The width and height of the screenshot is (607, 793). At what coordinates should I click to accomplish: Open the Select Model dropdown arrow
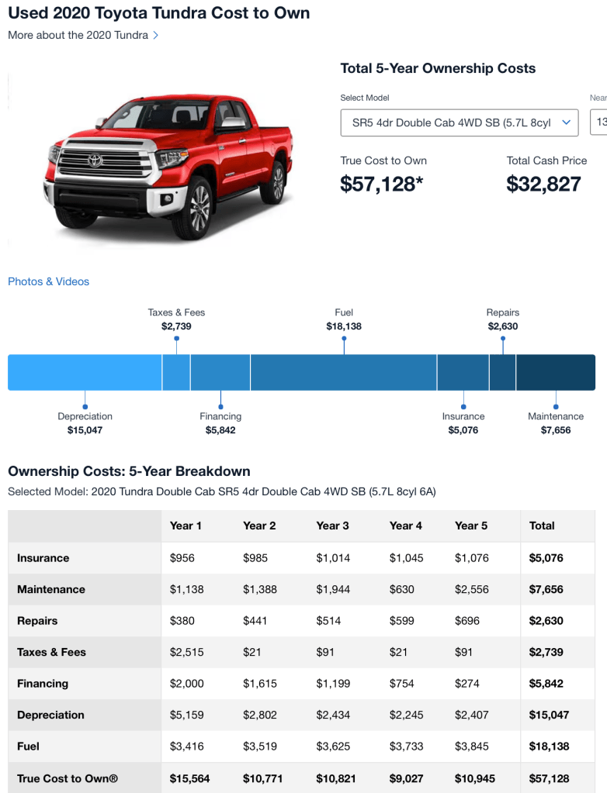click(x=567, y=122)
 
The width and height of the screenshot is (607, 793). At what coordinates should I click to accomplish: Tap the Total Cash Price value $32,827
click(x=543, y=184)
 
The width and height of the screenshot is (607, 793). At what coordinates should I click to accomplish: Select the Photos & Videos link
click(x=48, y=281)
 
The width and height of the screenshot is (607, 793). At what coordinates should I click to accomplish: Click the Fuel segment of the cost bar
click(x=343, y=372)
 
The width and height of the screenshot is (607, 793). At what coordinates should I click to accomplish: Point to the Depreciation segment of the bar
click(x=85, y=372)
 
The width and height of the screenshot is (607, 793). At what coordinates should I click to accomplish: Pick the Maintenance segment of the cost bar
click(x=555, y=372)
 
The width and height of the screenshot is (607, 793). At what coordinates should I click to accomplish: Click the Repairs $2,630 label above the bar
click(x=503, y=319)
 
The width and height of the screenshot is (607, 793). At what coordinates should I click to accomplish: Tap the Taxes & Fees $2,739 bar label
click(x=176, y=319)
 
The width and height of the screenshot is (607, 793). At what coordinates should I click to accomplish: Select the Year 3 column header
click(x=332, y=526)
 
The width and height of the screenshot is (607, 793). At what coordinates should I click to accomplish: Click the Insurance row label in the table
click(x=43, y=558)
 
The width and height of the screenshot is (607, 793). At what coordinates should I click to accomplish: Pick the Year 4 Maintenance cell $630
click(x=401, y=589)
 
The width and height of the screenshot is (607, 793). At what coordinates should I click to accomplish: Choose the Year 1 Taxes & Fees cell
click(x=186, y=652)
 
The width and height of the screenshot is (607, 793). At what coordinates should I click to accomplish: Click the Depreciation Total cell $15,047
click(x=546, y=715)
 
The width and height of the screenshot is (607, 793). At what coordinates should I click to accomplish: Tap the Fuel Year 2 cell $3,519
click(x=259, y=746)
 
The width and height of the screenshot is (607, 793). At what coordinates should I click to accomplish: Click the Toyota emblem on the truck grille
click(x=95, y=161)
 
